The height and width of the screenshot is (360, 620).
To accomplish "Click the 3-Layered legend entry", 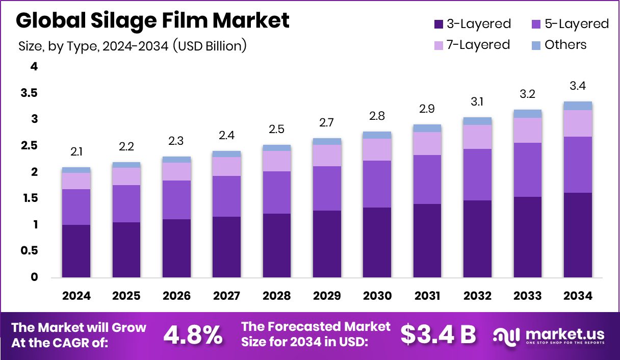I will coord(472,24).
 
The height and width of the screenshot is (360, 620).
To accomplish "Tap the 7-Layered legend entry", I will coord(472,45).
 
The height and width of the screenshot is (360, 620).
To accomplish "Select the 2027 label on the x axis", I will coord(226,296).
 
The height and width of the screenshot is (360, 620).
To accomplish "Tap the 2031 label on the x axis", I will coord(427,296).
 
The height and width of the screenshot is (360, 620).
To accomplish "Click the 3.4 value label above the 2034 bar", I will coord(578,86).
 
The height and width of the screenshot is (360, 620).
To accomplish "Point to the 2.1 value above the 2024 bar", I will coord(76,152).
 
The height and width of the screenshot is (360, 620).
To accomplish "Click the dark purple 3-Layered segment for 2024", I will coord(76,251).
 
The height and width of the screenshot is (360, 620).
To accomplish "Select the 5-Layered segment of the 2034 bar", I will coord(578,164).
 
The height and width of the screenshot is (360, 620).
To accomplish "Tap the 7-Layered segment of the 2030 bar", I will coord(377,149).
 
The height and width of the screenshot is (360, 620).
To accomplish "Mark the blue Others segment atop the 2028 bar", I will coord(276,148).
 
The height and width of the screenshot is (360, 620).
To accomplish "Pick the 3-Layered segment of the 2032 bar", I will coord(477,239).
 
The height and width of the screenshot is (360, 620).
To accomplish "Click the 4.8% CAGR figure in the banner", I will coord(193,335).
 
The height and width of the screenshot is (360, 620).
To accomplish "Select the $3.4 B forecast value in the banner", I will coord(438,335).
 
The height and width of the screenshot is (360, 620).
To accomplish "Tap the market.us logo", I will coord(549,336).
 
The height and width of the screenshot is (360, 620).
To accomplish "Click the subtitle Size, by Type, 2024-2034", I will coord(133,46).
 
